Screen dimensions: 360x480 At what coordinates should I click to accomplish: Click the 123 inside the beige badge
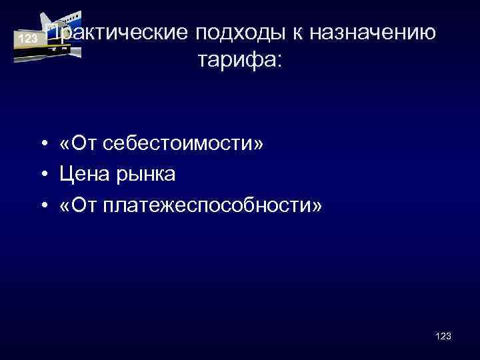point(27,39)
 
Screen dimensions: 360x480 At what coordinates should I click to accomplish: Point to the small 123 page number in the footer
point(443,337)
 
